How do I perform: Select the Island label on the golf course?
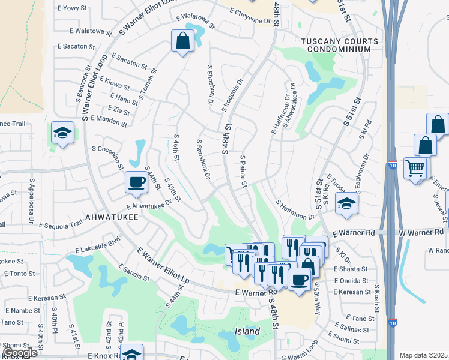(x=247, y=331)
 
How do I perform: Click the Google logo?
(x=20, y=353)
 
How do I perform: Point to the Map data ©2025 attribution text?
(x=424, y=355)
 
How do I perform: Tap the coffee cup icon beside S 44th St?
(x=137, y=182)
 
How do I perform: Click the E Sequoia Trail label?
(x=60, y=225)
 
